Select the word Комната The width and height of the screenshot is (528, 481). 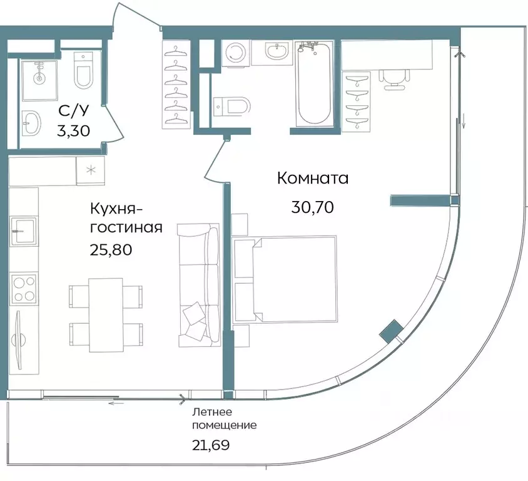[312, 178]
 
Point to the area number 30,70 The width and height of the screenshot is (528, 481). [312, 207]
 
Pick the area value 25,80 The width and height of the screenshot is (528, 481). [111, 249]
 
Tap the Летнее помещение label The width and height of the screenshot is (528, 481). [223, 418]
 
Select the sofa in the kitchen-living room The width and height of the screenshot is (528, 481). [198, 286]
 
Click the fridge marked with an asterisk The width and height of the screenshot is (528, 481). [90, 170]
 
